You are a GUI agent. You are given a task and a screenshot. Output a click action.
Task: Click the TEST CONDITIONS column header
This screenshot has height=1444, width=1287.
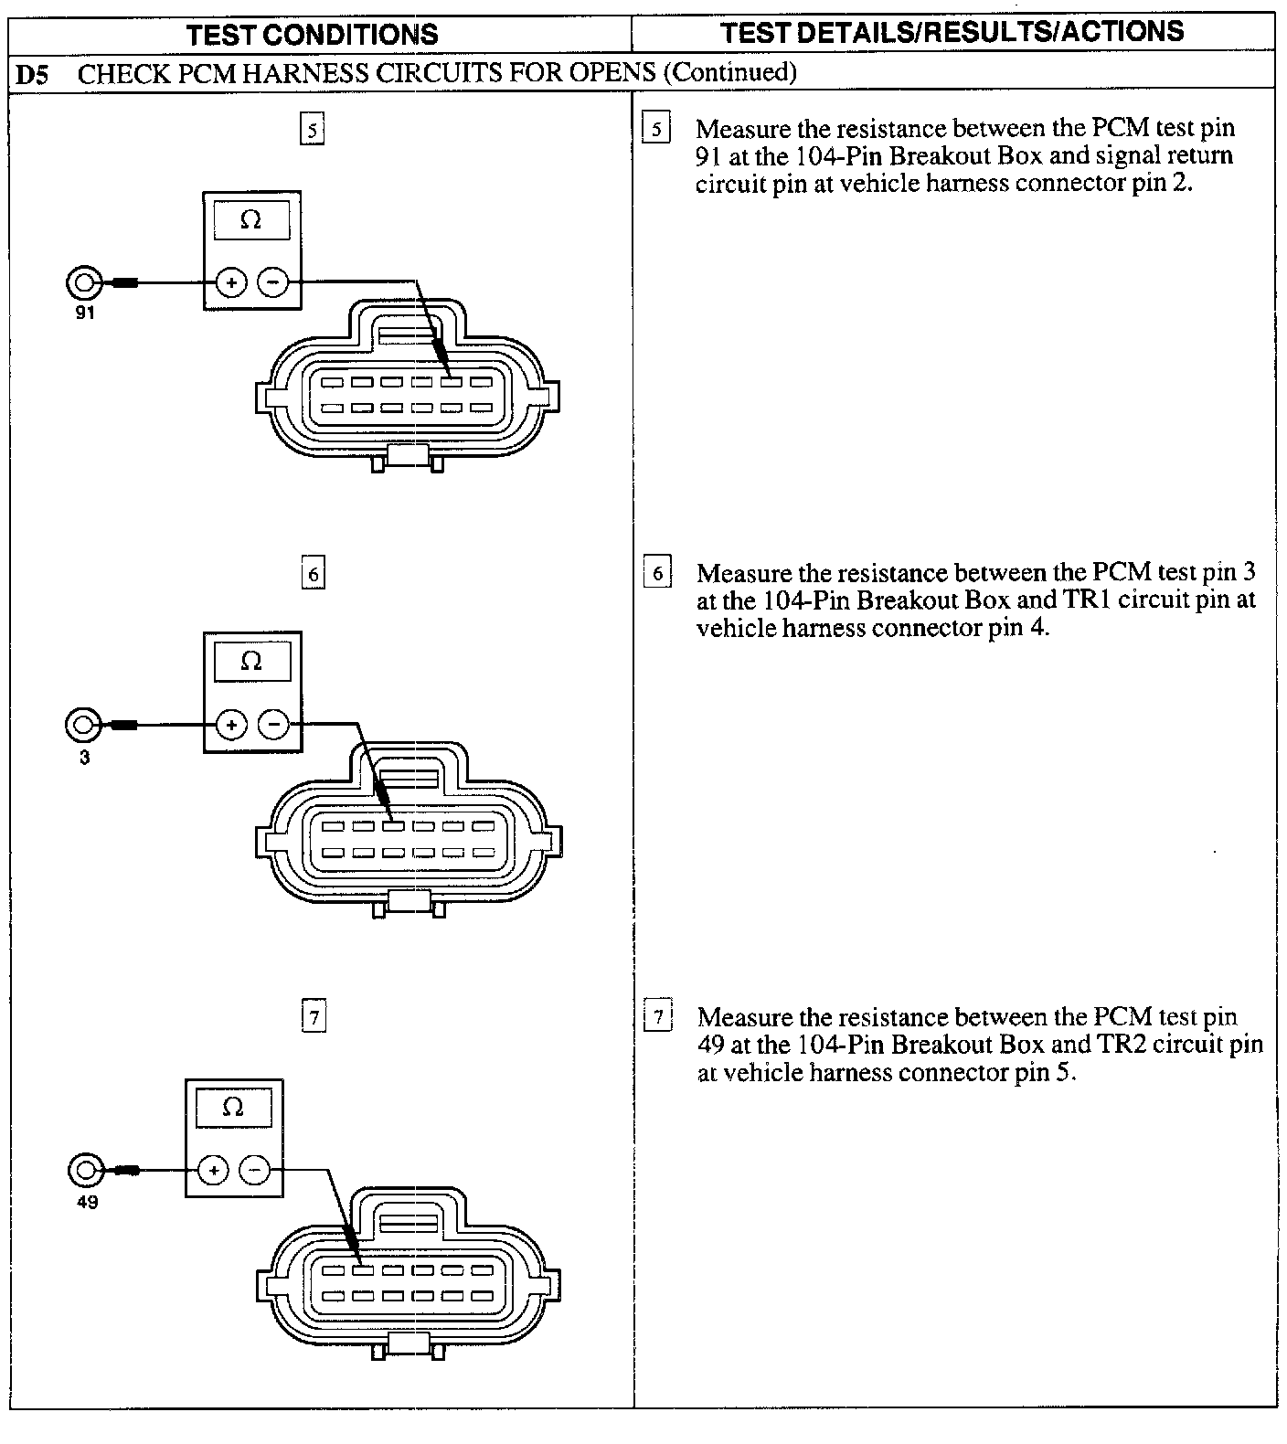(x=312, y=35)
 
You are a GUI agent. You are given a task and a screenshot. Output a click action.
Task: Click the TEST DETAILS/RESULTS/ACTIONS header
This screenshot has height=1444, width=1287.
(x=952, y=32)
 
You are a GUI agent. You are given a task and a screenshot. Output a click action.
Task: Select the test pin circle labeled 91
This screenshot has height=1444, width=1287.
(x=84, y=283)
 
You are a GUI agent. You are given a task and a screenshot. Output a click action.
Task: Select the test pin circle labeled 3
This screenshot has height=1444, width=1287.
(x=83, y=726)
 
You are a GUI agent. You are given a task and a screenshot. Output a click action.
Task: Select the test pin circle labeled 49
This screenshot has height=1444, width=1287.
(x=86, y=1170)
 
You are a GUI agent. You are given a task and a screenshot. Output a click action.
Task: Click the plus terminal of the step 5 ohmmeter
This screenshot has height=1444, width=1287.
(x=232, y=283)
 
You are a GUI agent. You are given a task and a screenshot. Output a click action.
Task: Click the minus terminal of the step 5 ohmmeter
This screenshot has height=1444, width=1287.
(x=272, y=283)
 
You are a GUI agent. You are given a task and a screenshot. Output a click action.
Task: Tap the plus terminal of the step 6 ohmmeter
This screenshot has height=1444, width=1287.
(x=232, y=726)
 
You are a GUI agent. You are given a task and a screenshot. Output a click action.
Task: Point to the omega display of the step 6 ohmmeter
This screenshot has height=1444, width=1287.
(x=251, y=661)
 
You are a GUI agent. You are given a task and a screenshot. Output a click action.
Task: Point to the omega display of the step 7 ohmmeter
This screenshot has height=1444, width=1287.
(x=233, y=1108)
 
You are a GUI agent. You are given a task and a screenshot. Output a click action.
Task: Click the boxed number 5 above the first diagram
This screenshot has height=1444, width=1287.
(x=313, y=130)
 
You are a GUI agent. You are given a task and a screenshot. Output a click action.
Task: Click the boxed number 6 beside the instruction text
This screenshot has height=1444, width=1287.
(x=657, y=573)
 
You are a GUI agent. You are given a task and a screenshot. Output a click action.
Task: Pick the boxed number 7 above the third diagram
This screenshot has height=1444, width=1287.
(x=314, y=1016)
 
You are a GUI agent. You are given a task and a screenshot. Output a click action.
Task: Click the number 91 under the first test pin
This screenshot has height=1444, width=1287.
(x=85, y=313)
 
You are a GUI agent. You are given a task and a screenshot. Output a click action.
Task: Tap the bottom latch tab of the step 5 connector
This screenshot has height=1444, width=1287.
(x=409, y=457)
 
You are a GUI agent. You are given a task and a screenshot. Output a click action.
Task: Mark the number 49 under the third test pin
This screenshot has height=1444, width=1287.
(x=87, y=1202)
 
